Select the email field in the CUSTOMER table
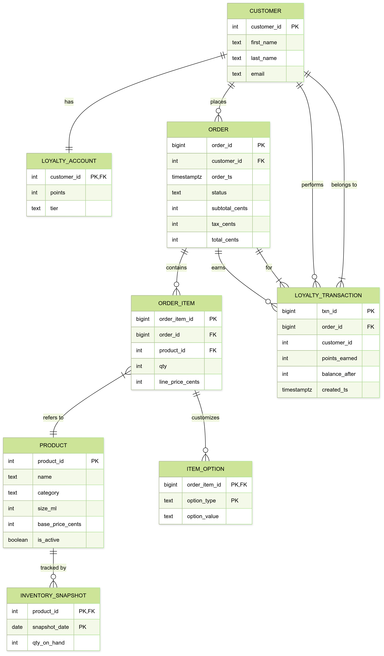point(258,74)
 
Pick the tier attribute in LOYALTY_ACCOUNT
point(54,208)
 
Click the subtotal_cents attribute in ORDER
point(229,208)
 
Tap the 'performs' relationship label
point(312,184)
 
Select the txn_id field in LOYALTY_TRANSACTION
point(329,311)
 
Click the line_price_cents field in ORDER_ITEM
point(179,382)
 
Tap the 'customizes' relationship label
point(205,418)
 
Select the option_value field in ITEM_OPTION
point(203,516)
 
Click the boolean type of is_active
point(18,540)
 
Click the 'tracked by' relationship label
point(53,568)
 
